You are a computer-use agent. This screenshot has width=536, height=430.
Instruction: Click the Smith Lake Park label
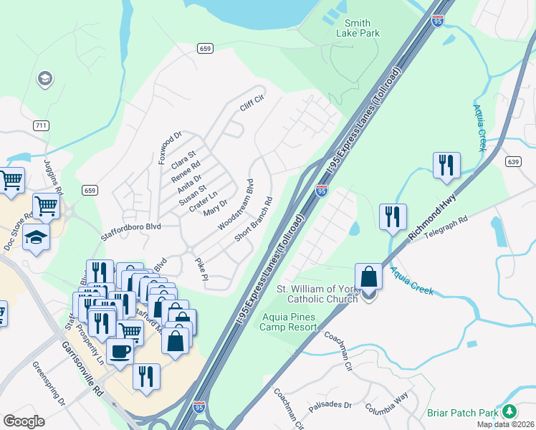pyautogui.click(x=358, y=28)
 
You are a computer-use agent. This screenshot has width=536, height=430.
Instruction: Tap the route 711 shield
pyautogui.click(x=41, y=125)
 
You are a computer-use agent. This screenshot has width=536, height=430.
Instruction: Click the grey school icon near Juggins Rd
pyautogui.click(x=44, y=78)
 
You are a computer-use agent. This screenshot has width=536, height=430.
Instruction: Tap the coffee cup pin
pyautogui.click(x=119, y=351)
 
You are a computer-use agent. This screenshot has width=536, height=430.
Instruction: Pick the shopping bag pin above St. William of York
pyautogui.click(x=368, y=277)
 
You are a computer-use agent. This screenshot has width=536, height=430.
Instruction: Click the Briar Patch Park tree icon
pyautogui.click(x=509, y=411)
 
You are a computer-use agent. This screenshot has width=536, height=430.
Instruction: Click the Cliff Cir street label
pyautogui.click(x=252, y=105)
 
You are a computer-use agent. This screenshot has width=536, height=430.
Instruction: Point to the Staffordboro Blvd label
pyautogui.click(x=131, y=226)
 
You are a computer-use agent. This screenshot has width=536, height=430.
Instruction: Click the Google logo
pyautogui.click(x=24, y=421)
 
